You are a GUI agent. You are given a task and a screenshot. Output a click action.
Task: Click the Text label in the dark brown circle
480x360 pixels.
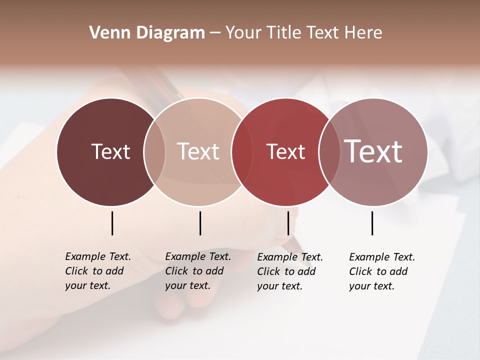point(110,151)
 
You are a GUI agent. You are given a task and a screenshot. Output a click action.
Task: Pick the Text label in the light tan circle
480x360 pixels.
point(198,151)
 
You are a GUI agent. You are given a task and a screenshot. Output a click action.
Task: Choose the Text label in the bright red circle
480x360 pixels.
point(285,151)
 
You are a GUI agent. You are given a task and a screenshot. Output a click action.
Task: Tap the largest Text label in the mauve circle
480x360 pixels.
point(373,151)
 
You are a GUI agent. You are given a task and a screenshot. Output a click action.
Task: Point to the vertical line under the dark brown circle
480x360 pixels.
point(112,223)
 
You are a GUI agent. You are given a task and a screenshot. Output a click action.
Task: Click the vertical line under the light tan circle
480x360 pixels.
point(200,223)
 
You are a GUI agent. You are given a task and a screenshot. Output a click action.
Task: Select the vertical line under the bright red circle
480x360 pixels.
point(288,223)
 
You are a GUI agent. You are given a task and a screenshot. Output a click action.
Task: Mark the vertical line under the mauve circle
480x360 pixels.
point(372,223)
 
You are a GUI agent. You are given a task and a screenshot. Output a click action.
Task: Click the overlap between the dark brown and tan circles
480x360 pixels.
point(154,151)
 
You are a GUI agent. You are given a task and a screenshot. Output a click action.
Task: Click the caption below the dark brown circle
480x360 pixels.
point(98,271)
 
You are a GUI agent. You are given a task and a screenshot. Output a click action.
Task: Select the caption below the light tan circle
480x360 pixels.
point(198,271)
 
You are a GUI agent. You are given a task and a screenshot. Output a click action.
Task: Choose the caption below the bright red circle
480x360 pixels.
point(290,271)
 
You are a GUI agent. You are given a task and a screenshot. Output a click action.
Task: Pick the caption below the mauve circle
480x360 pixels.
point(382,271)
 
